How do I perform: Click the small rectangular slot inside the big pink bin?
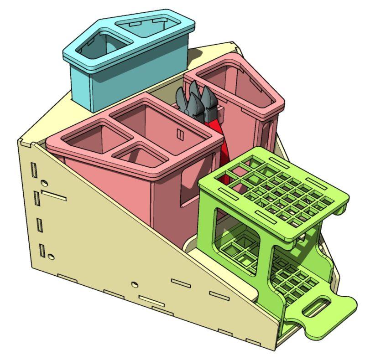[x=180, y=134]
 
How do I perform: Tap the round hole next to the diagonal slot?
[x=44, y=183]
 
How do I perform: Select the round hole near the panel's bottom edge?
[x=134, y=284]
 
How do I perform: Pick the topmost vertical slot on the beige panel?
[x=34, y=170]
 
